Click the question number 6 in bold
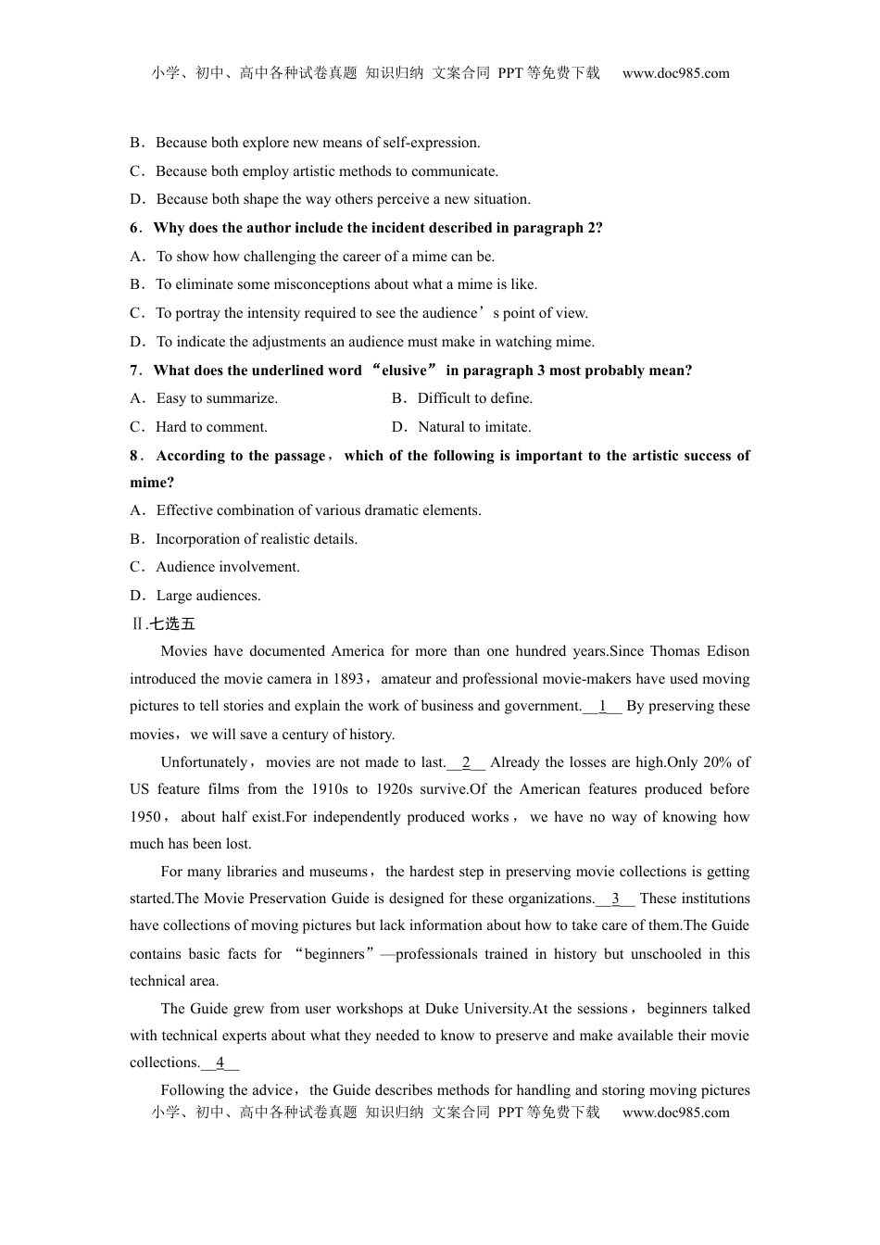[135, 228]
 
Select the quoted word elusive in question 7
[404, 371]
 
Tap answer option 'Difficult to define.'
[474, 398]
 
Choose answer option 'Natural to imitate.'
[474, 427]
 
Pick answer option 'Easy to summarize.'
[217, 398]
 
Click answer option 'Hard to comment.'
[211, 427]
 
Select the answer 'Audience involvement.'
[227, 567]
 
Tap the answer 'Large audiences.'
[208, 596]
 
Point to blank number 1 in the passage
[602, 706]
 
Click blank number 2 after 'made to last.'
[466, 762]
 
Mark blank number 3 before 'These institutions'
[615, 899]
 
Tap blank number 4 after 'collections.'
[220, 1063]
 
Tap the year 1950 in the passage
[145, 817]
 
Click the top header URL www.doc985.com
[675, 73]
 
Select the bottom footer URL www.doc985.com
[675, 1113]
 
